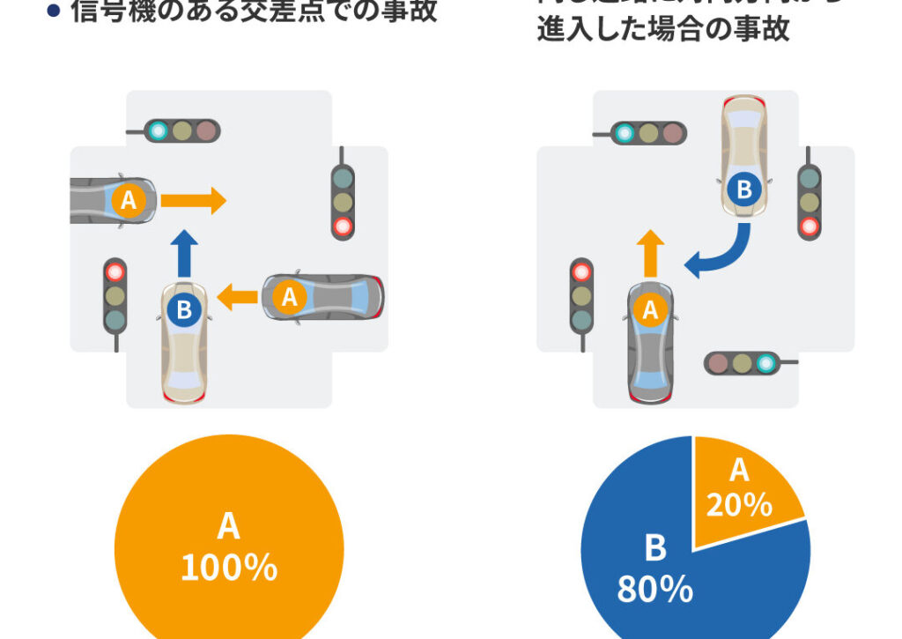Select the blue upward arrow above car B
click(184, 253)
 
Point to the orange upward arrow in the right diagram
click(650, 253)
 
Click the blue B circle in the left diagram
click(184, 309)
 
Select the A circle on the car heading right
click(129, 200)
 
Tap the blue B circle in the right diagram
click(744, 189)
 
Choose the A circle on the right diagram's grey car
click(650, 309)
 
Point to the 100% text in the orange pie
click(229, 568)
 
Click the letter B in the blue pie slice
click(655, 548)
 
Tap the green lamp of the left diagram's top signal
click(159, 131)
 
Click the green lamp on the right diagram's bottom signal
click(766, 362)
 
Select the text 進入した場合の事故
click(663, 30)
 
